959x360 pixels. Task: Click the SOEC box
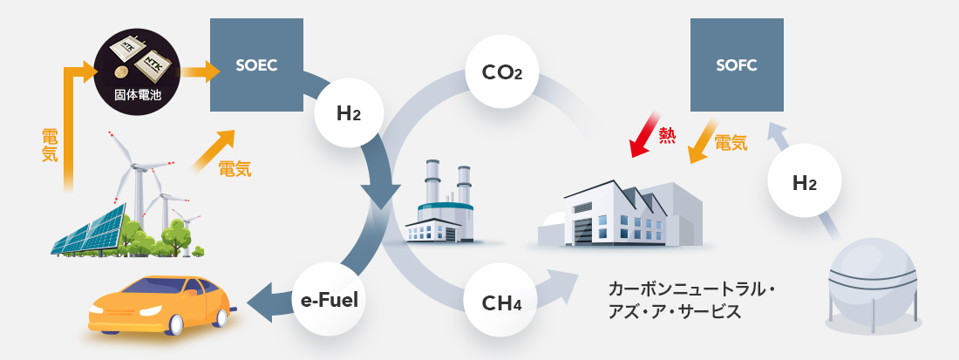(256, 65)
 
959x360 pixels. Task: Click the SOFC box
(736, 65)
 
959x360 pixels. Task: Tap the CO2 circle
(501, 71)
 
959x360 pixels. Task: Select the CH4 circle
(501, 304)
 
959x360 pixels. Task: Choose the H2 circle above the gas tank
(804, 183)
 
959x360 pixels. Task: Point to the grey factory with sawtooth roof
(619, 214)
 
